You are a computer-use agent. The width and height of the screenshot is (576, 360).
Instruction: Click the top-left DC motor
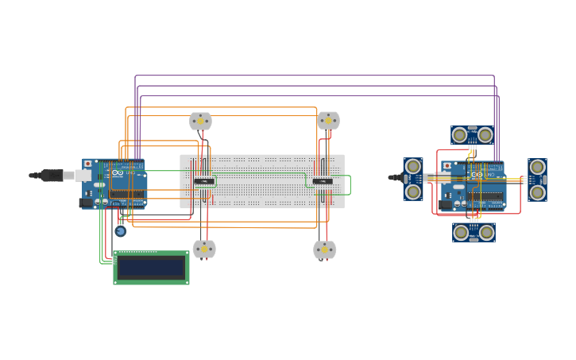pos(200,121)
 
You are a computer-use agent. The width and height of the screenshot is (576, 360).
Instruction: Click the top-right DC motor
pos(328,120)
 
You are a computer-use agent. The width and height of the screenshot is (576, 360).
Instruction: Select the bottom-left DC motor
pos(204,249)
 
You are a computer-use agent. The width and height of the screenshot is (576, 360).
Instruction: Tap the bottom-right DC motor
pos(324,250)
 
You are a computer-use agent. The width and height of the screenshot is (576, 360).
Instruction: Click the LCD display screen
pos(151,267)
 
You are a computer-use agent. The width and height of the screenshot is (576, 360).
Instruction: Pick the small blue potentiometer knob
pos(120,231)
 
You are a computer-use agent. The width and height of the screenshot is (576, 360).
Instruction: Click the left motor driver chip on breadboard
pos(204,181)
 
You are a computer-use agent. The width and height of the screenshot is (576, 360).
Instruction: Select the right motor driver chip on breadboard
pos(322,181)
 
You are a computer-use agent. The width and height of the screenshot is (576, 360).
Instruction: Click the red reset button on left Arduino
pos(87,164)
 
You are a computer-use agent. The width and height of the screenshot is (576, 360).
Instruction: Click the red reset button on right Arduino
pos(446,166)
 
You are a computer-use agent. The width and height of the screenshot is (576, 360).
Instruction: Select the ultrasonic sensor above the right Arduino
pos(472,135)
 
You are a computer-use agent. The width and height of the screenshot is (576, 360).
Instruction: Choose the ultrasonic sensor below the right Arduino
pos(474,232)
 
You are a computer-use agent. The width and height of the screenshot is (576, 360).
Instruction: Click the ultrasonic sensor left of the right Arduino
pos(413,179)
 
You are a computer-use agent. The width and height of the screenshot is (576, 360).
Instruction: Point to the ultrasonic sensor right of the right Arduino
pos(537,180)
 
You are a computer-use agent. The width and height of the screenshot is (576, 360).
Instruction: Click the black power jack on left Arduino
pos(86,203)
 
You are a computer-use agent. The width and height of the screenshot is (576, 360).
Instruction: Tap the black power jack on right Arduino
pos(445,204)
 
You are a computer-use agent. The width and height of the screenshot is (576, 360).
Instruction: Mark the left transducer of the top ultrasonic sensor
pos(459,135)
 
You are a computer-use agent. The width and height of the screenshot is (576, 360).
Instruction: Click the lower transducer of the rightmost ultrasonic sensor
pos(537,192)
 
